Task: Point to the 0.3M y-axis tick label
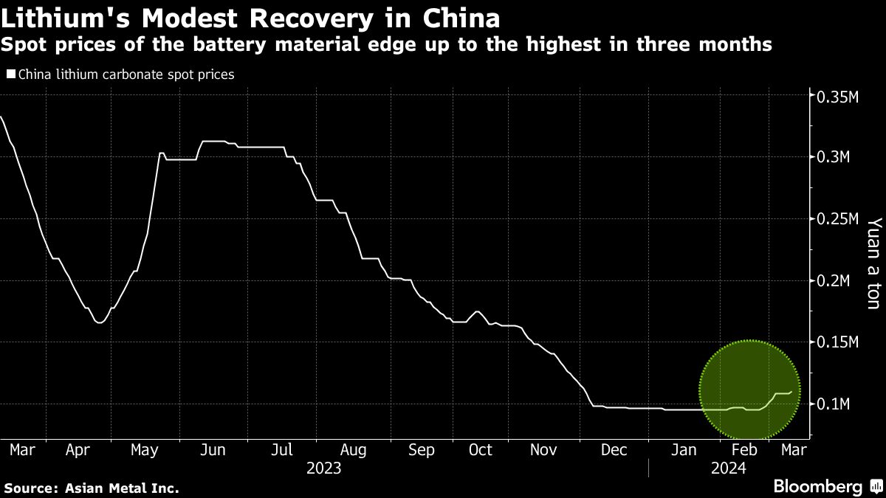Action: point(832,157)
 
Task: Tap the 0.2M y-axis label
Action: point(832,281)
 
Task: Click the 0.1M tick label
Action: point(832,404)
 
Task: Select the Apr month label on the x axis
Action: point(78,450)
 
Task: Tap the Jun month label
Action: point(213,450)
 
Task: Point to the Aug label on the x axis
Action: point(353,450)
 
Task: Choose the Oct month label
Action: point(481,450)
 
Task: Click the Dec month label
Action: point(614,450)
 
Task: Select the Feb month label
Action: point(744,450)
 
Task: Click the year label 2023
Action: point(323,468)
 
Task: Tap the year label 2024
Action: point(727,468)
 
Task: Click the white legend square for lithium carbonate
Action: point(10,75)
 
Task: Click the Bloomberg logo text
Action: point(817,487)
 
